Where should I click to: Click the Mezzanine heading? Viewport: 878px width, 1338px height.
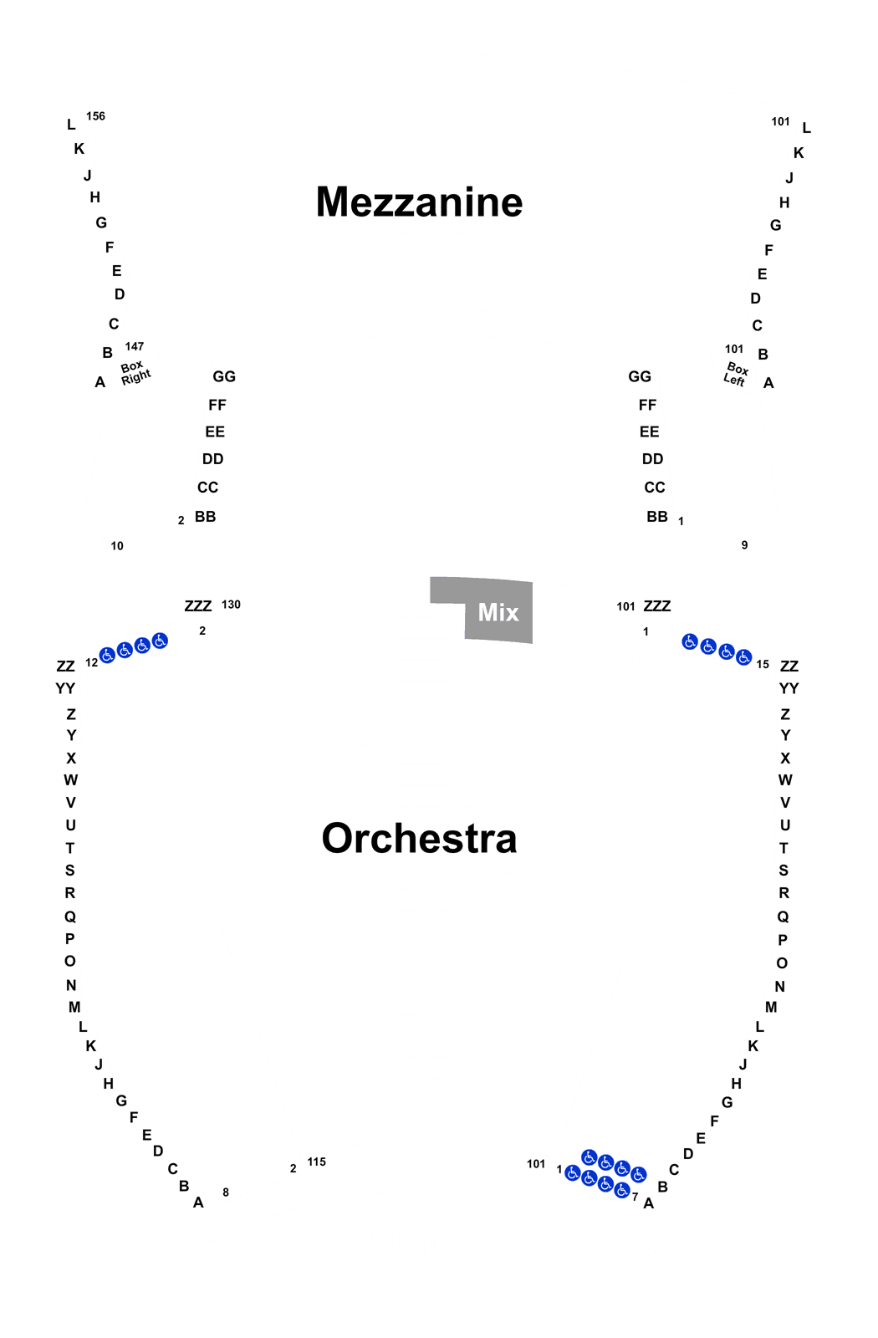click(x=419, y=202)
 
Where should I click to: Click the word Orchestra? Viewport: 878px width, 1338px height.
click(x=419, y=838)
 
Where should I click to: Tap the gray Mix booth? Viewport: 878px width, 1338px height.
click(x=482, y=610)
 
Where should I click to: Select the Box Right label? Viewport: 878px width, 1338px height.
click(x=135, y=372)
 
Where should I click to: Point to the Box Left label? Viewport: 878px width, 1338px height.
click(x=736, y=375)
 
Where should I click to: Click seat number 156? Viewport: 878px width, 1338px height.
click(x=95, y=116)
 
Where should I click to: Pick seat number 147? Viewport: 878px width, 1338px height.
click(x=135, y=346)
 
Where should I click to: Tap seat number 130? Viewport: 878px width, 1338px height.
click(x=231, y=605)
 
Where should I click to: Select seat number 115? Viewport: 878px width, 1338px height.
click(x=317, y=1162)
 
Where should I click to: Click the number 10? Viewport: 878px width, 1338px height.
click(x=117, y=546)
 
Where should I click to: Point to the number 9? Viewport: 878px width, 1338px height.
click(x=745, y=544)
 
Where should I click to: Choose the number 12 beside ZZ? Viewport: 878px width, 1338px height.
click(x=91, y=662)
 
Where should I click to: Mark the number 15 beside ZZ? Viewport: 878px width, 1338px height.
click(x=763, y=664)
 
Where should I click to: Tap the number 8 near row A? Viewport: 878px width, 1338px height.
click(x=226, y=1192)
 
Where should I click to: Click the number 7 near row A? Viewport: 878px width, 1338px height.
click(x=635, y=1197)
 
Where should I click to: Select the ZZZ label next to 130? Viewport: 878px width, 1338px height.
click(x=197, y=606)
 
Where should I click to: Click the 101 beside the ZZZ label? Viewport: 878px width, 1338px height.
click(x=626, y=607)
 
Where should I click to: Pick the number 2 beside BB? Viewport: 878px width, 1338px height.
click(x=181, y=520)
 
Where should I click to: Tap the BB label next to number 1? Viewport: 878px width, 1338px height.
click(x=657, y=517)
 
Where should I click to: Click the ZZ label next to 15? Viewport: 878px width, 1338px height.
click(x=789, y=666)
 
